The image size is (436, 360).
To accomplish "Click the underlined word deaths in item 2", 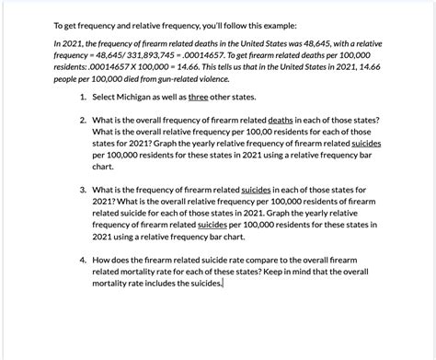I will [280, 122].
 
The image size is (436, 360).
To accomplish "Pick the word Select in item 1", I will [108, 97].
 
